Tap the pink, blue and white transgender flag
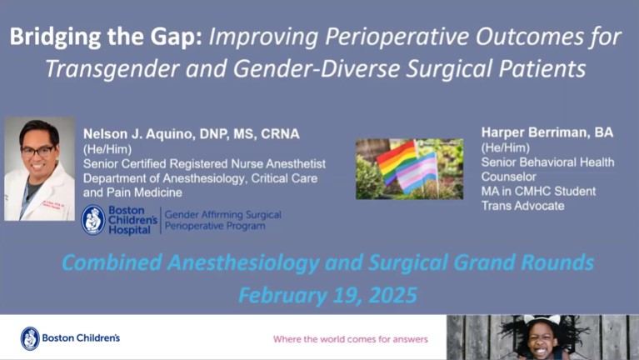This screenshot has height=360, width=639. pyautogui.click(x=418, y=172)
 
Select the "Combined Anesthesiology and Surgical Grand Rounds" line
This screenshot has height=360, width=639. pyautogui.click(x=328, y=263)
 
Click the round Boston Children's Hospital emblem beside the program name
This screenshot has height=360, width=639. pyautogui.click(x=93, y=219)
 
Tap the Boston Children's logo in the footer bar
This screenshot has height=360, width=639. pyautogui.click(x=70, y=338)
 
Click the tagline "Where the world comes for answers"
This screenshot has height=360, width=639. pyautogui.click(x=350, y=339)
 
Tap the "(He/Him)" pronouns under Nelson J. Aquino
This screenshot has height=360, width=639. pyautogui.click(x=103, y=147)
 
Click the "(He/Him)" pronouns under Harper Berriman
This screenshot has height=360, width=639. pyautogui.click(x=501, y=147)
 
